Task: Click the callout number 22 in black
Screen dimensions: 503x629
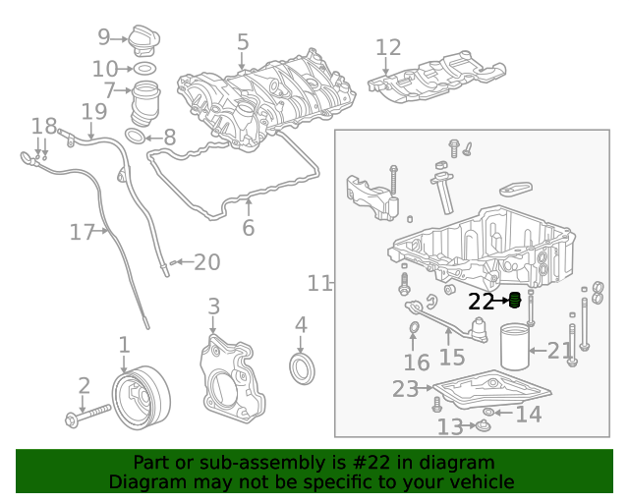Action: point(481,302)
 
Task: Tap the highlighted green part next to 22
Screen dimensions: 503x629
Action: point(513,301)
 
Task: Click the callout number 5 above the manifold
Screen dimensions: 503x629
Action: point(243,42)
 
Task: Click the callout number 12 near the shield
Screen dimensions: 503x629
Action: point(388,47)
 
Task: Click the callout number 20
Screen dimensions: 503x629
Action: point(206,262)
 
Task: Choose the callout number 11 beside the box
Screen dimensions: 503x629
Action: point(319,284)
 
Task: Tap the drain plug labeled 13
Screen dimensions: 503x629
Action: point(483,425)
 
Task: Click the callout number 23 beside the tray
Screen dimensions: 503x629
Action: point(405,389)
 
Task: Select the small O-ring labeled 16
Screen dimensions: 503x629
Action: point(415,327)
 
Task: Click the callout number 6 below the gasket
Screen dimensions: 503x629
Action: point(248,228)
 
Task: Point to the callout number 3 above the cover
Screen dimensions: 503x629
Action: point(213,307)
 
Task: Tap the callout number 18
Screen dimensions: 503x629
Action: point(44,126)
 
